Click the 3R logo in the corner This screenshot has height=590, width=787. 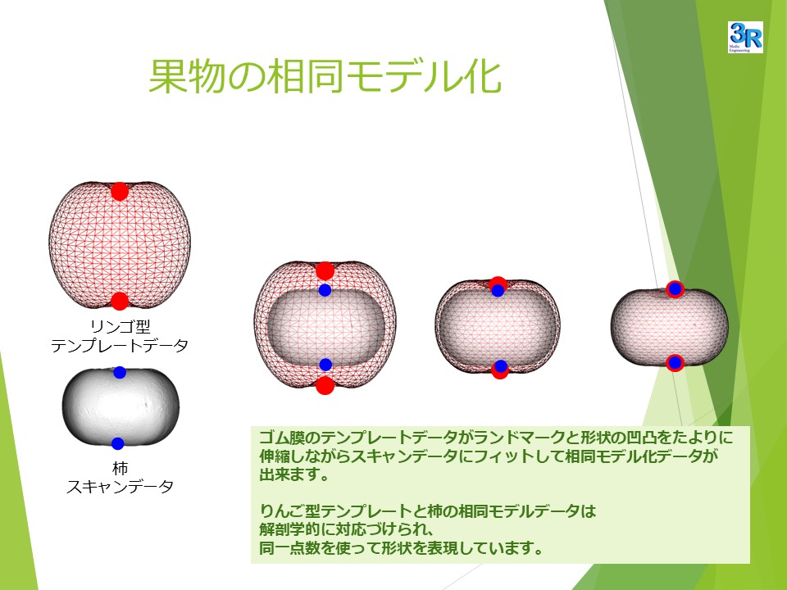pyautogui.click(x=745, y=37)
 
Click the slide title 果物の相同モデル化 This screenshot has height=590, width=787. pyautogui.click(x=325, y=76)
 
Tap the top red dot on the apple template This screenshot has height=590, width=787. pyautogui.click(x=120, y=191)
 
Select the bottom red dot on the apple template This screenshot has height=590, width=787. pyautogui.click(x=120, y=301)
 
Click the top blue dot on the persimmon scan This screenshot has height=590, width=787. pyautogui.click(x=120, y=372)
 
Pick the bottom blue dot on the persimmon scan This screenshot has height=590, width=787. pyautogui.click(x=118, y=443)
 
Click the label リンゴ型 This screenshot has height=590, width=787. pyautogui.click(x=120, y=327)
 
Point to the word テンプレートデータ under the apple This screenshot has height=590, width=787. pyautogui.click(x=120, y=346)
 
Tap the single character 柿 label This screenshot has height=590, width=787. pyautogui.click(x=120, y=468)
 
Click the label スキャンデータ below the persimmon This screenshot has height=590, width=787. pyautogui.click(x=120, y=487)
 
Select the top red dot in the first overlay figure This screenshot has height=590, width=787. pyautogui.click(x=325, y=271)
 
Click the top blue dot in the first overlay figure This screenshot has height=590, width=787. pyautogui.click(x=325, y=290)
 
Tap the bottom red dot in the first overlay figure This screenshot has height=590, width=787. pyautogui.click(x=325, y=385)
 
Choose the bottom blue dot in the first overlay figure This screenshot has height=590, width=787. pyautogui.click(x=325, y=365)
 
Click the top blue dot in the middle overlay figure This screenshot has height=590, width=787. pyautogui.click(x=498, y=290)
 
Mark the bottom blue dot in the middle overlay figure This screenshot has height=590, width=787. pyautogui.click(x=500, y=366)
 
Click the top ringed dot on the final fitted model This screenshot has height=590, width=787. pyautogui.click(x=675, y=289)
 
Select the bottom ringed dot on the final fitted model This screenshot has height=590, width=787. pyautogui.click(x=675, y=362)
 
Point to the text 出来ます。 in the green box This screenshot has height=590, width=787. pyautogui.click(x=293, y=474)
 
